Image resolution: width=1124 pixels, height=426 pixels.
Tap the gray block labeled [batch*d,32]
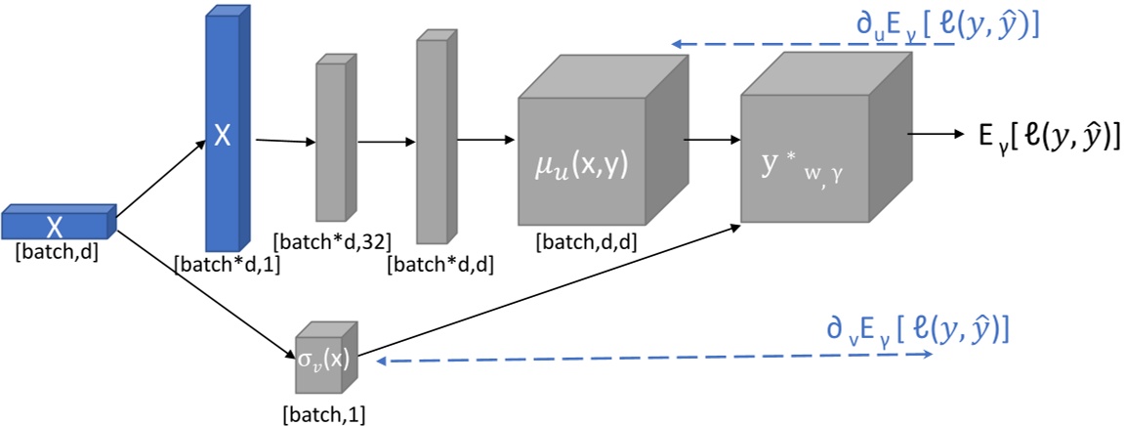pos(331,142)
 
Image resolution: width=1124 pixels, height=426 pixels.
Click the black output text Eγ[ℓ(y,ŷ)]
pos(1046,138)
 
